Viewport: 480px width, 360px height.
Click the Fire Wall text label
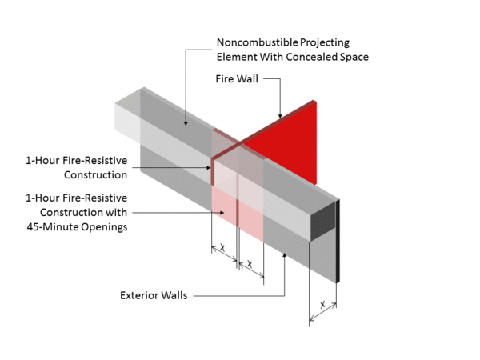(x=236, y=79)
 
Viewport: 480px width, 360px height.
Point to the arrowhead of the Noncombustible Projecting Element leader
(x=186, y=124)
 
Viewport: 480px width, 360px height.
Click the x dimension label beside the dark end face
(x=322, y=305)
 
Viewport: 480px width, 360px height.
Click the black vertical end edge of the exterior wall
(x=339, y=240)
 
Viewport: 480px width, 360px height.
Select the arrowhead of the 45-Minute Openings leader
(x=226, y=212)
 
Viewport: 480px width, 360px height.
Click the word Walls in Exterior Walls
(x=174, y=295)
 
